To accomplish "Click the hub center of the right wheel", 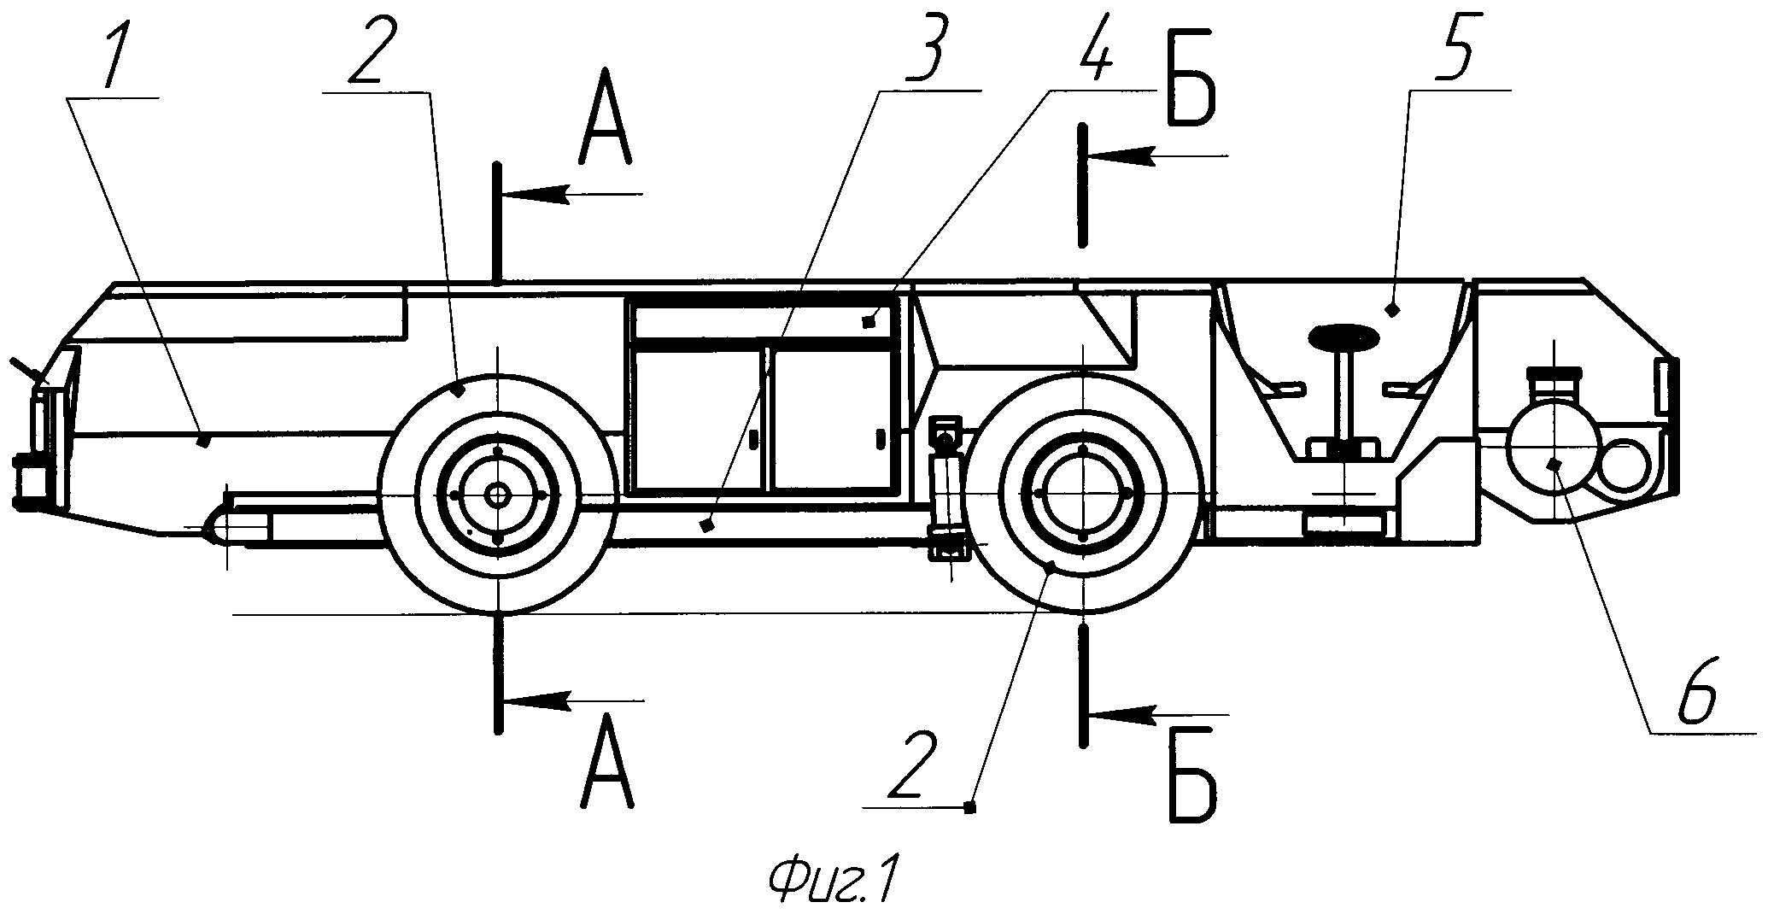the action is tap(1082, 494).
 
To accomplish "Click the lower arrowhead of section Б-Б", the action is tap(1126, 712).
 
